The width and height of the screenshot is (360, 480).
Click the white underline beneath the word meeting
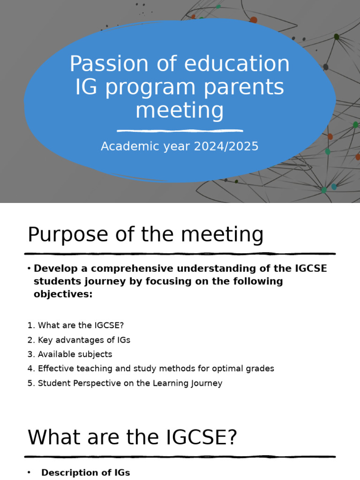click(180, 131)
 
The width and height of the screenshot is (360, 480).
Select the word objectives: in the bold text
click(63, 294)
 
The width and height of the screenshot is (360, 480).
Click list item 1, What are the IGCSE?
click(75, 325)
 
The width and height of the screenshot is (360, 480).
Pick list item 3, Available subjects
click(70, 354)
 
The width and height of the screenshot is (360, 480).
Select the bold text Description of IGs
click(85, 472)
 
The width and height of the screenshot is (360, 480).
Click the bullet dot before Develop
click(29, 268)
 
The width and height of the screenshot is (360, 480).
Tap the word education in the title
click(237, 64)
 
